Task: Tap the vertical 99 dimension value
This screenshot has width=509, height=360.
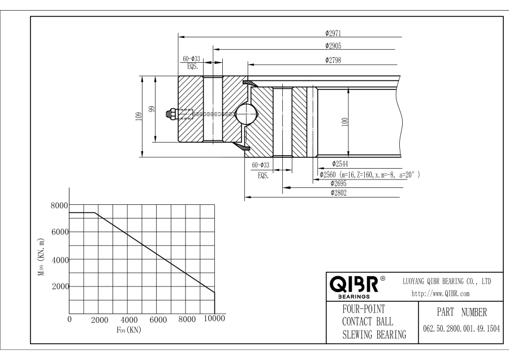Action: tap(152, 109)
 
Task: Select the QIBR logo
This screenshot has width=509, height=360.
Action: tap(355, 285)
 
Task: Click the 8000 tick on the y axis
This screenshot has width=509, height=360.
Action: tap(59, 205)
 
